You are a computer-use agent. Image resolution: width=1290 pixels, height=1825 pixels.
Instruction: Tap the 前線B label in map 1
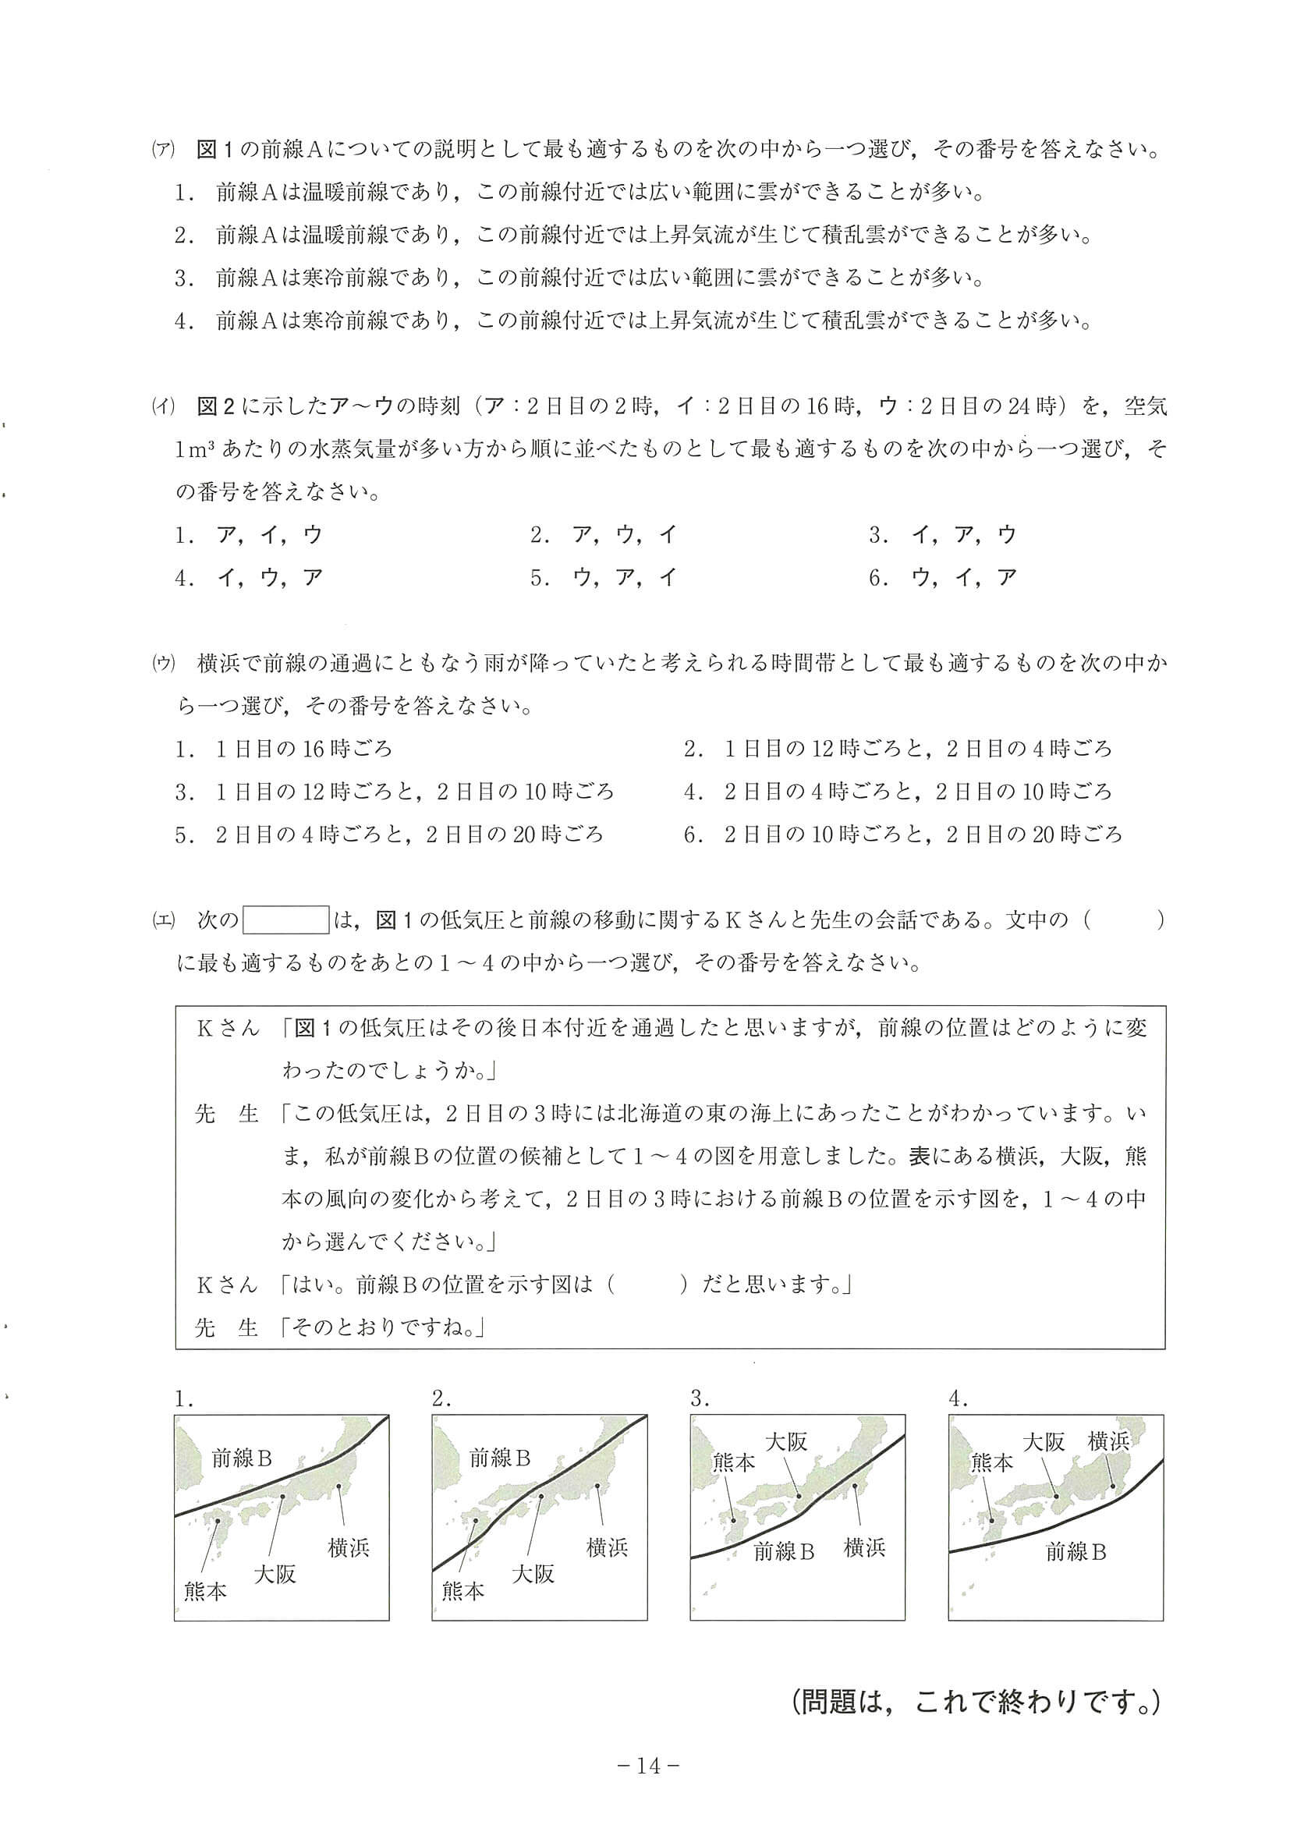point(242,1458)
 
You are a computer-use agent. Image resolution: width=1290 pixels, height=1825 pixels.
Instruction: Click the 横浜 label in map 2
point(607,1547)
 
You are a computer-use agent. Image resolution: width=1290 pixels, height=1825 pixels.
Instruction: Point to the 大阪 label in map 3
point(786,1441)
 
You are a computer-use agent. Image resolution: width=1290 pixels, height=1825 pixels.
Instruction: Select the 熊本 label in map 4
point(992,1462)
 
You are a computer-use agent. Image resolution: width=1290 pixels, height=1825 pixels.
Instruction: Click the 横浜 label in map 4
point(1109,1441)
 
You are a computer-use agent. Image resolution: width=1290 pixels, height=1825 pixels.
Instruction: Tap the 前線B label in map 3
point(785,1551)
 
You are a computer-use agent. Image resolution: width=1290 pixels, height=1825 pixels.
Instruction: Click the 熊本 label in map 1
point(205,1590)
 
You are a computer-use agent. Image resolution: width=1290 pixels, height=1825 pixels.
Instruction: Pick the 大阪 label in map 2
point(533,1574)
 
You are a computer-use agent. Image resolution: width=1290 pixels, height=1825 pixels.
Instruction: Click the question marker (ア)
point(163,151)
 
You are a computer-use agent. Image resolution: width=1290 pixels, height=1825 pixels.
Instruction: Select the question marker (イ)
point(163,407)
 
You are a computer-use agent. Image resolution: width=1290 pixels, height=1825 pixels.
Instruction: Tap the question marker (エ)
point(163,920)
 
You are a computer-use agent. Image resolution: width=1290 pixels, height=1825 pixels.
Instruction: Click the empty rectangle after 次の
point(286,920)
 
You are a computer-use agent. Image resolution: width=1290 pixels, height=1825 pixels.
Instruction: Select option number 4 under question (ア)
point(183,322)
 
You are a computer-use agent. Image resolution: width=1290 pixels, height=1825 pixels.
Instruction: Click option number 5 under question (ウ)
point(183,835)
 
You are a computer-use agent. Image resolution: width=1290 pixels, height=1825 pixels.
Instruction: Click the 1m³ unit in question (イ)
point(196,450)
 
